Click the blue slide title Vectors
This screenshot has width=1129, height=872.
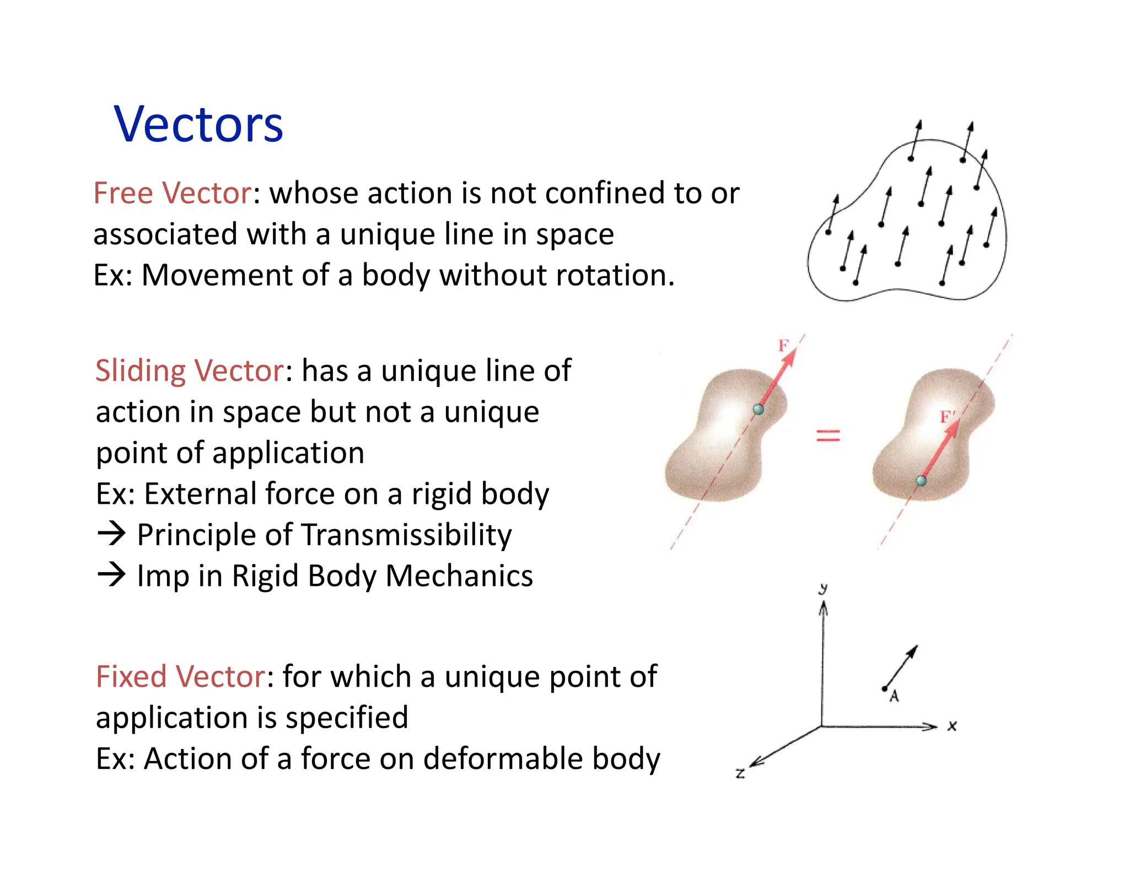coord(198,125)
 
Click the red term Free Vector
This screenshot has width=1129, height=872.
coord(172,193)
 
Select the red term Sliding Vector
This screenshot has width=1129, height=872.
coord(190,370)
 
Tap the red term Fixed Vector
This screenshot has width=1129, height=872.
coord(181,676)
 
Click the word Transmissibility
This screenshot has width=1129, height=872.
coord(407,535)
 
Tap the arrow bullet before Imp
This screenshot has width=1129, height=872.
coord(111,574)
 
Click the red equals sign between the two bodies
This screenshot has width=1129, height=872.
coord(827,436)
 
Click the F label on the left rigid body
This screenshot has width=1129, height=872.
coord(783,346)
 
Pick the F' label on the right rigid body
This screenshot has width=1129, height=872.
coord(947,417)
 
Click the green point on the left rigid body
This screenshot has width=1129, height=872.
coord(759,409)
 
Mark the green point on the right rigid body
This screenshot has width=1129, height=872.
coord(921,481)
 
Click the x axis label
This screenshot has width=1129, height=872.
coord(952,726)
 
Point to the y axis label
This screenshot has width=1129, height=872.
coord(823,589)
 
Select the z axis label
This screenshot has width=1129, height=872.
coord(740,773)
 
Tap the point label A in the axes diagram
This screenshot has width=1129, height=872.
coord(894,696)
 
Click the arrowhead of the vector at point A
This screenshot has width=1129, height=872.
coord(913,650)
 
